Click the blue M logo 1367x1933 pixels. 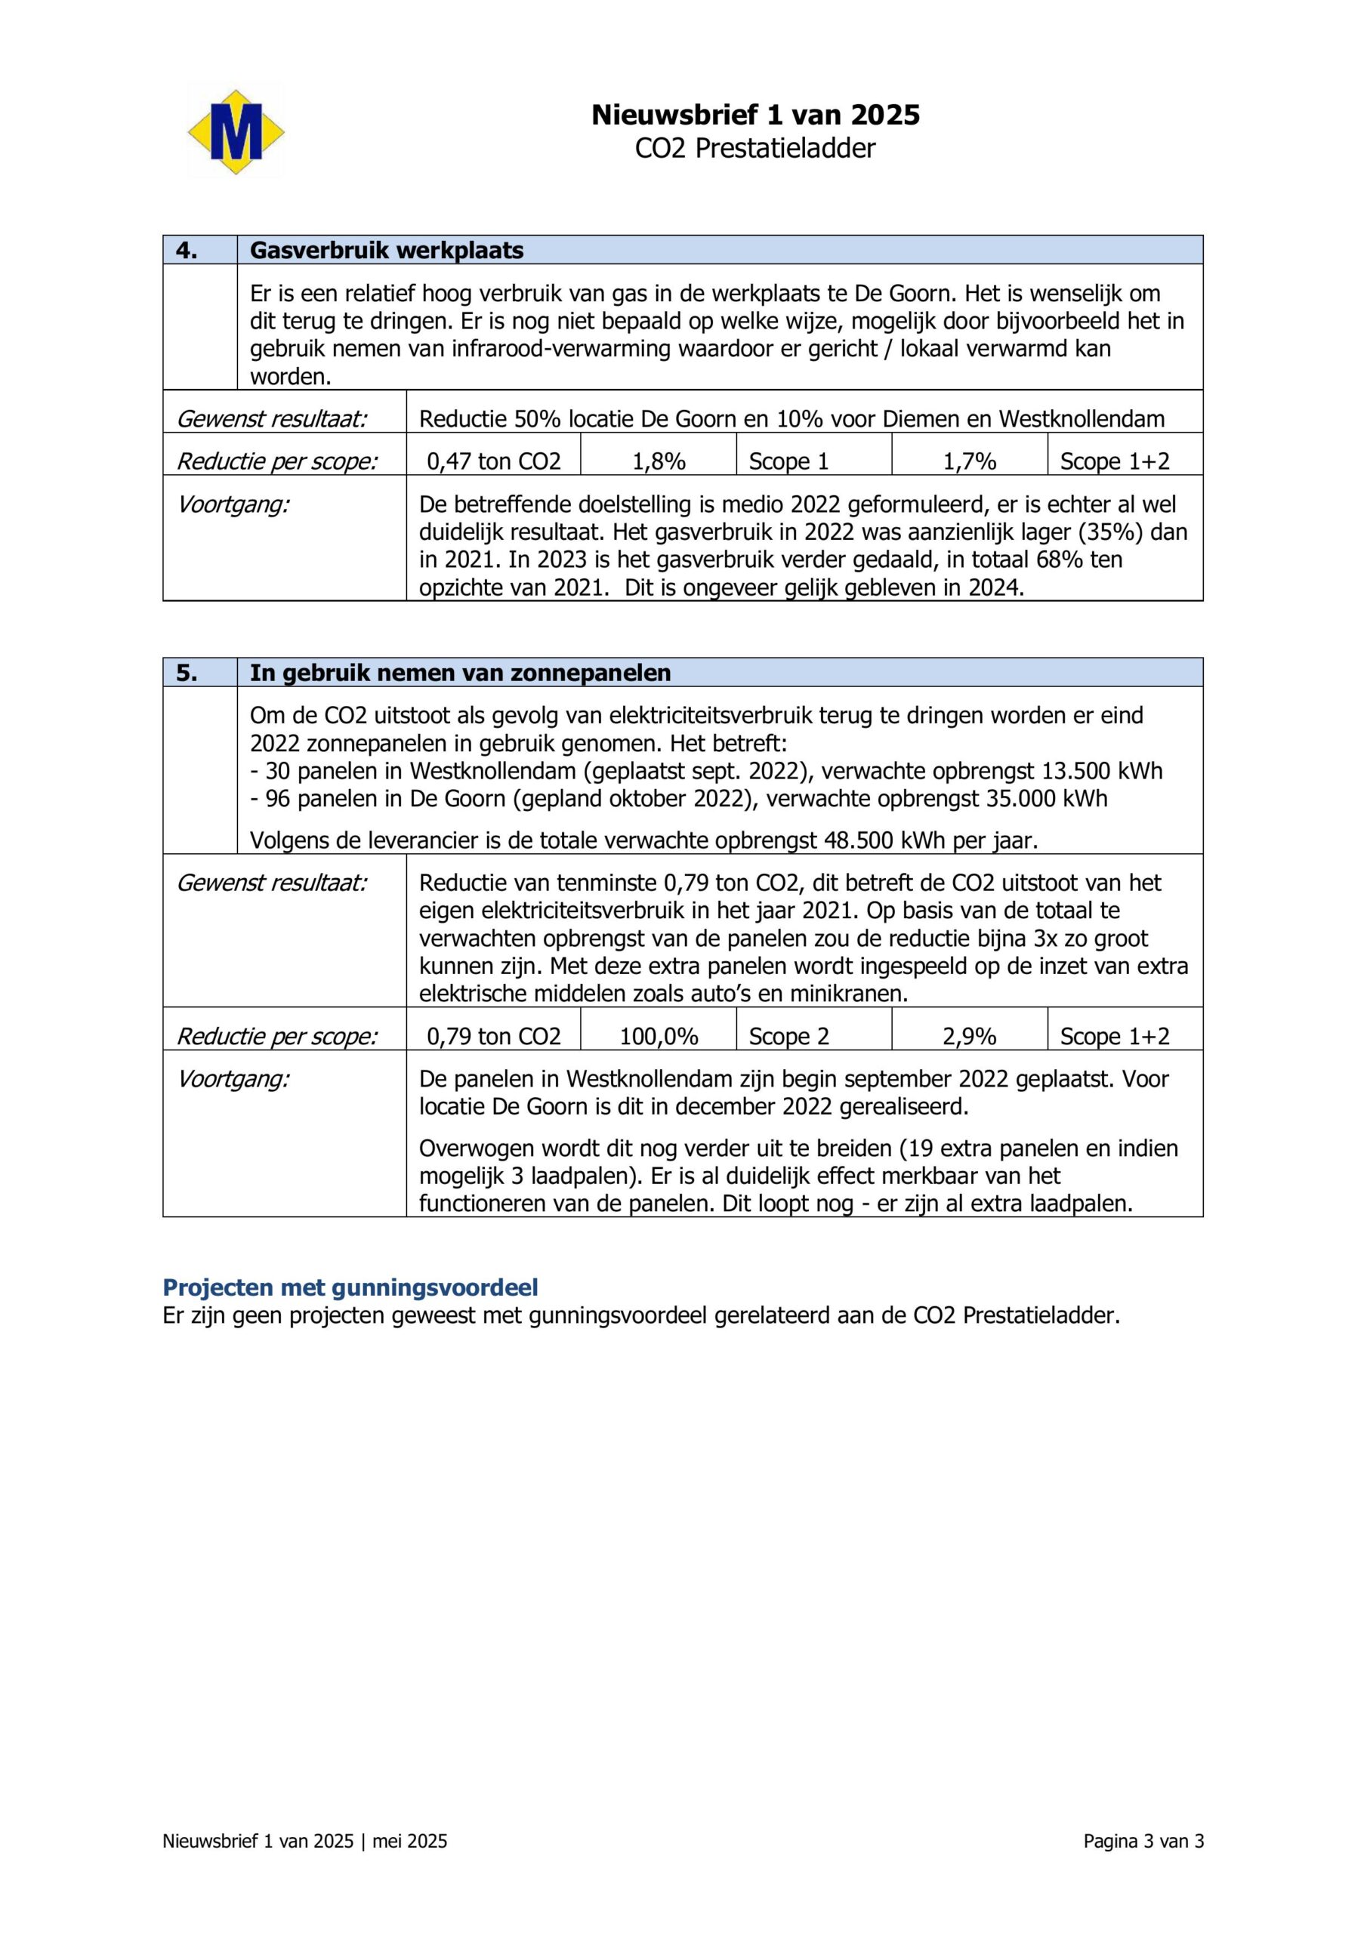(235, 133)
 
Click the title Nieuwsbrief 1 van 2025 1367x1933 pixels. (754, 115)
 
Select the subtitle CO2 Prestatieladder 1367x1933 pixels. (754, 148)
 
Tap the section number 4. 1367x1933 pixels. (187, 250)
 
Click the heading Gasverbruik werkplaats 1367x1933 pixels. (387, 250)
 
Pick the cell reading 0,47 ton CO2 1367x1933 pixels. (494, 461)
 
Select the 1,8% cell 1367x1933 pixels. (659, 461)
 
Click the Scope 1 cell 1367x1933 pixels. (788, 461)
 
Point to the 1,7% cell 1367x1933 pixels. (969, 461)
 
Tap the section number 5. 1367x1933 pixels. (187, 673)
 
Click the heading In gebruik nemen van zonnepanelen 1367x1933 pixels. (460, 673)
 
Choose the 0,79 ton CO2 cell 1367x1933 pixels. (494, 1037)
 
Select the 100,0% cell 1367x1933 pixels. (659, 1037)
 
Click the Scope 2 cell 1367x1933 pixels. (788, 1037)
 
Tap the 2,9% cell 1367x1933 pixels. (969, 1037)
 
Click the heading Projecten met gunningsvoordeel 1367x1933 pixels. (350, 1287)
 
